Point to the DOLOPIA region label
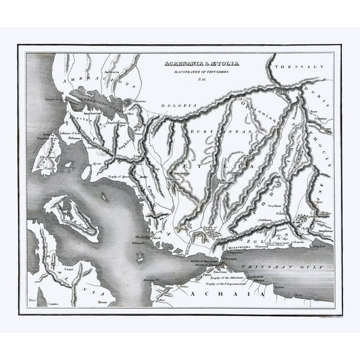(x=179, y=107)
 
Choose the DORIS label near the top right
(x=310, y=90)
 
